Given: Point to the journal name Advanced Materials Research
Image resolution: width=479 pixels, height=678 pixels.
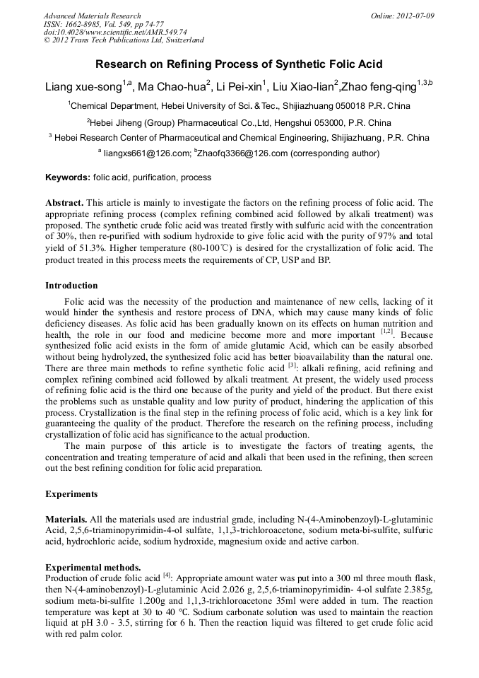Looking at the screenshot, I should click(92, 16).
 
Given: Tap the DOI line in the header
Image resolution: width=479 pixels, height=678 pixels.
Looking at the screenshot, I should click(115, 32).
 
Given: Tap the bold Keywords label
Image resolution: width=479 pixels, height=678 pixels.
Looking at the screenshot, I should click(68, 177).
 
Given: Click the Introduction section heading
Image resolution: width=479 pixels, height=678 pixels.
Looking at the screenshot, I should click(71, 286).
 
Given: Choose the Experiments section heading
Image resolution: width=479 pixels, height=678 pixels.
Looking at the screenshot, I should click(71, 493).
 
